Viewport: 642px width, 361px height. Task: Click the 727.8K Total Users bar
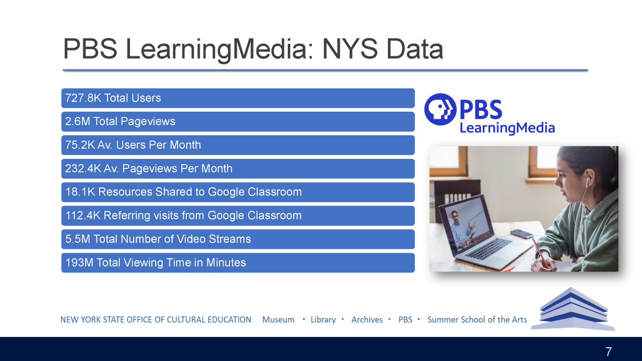[238, 98]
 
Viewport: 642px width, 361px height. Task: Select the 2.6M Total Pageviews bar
[238, 121]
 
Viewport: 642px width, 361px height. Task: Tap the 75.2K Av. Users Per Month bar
[238, 145]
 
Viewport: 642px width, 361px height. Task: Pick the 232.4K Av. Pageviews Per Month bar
[238, 168]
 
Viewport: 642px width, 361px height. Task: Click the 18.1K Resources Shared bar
[238, 192]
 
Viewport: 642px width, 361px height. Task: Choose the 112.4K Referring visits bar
[238, 216]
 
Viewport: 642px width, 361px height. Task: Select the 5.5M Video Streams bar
[238, 239]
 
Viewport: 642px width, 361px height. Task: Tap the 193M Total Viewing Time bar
[238, 263]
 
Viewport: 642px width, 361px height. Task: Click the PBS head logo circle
[440, 109]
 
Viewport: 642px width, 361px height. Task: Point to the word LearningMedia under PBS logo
[507, 128]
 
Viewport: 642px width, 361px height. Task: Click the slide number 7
[608, 352]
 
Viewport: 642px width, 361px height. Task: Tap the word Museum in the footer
[278, 320]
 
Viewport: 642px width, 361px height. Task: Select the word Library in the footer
[323, 320]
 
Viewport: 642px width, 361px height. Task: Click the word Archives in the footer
[367, 320]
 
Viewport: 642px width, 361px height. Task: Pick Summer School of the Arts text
[477, 320]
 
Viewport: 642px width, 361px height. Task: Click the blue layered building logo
[576, 309]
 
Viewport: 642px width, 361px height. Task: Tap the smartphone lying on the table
[522, 234]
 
